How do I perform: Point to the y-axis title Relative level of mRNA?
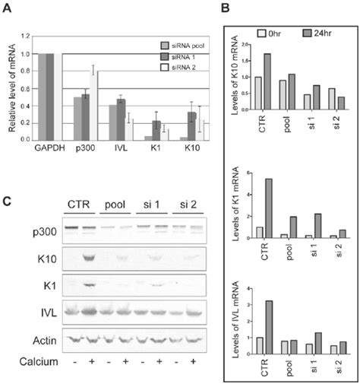pos(12,87)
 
